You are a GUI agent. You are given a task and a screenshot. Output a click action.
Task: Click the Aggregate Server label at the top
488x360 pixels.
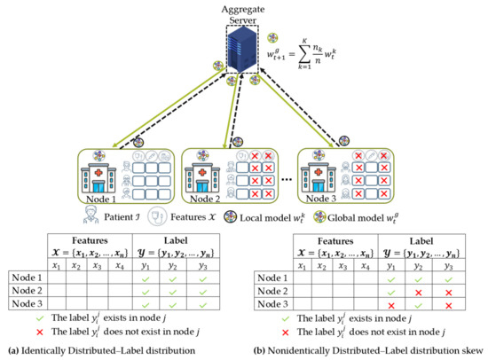(x=243, y=12)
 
